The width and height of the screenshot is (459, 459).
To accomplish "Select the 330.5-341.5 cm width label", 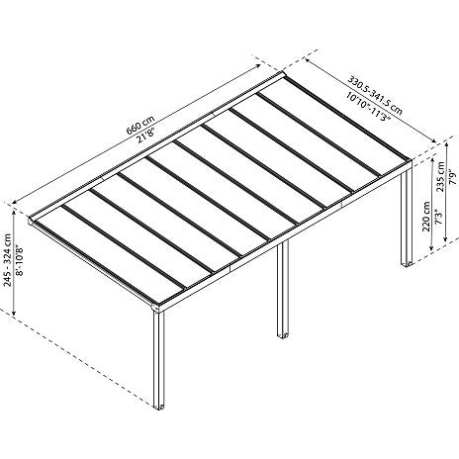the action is (x=376, y=96).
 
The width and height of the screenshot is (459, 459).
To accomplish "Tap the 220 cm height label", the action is (x=426, y=217).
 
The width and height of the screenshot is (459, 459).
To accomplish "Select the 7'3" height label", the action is (x=439, y=217).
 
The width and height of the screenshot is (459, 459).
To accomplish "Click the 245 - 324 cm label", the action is (x=8, y=260).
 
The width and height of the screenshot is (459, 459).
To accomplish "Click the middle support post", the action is (x=283, y=290).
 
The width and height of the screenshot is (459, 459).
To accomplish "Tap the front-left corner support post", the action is (x=158, y=359).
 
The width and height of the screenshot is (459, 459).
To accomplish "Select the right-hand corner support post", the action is (x=407, y=215).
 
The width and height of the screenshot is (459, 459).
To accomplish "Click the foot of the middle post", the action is (x=283, y=336).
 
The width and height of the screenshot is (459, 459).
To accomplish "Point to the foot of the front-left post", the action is (x=159, y=407).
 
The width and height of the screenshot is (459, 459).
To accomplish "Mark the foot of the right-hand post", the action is (x=407, y=263).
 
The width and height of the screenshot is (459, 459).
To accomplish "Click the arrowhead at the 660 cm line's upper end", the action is (x=258, y=65).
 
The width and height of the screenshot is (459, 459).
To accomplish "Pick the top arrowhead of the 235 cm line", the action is (x=446, y=143).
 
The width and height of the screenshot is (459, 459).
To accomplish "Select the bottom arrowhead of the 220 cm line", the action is (x=430, y=248).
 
